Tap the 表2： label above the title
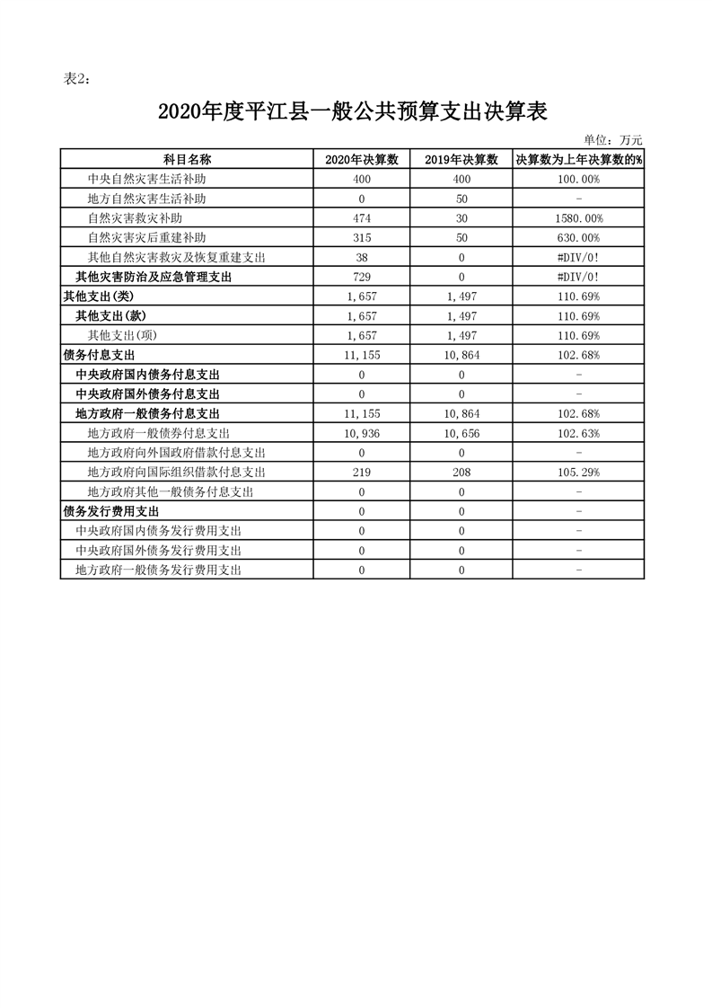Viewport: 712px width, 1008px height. pyautogui.click(x=77, y=79)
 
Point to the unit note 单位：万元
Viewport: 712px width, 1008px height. pyautogui.click(x=612, y=139)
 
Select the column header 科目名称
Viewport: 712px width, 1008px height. pyautogui.click(x=187, y=159)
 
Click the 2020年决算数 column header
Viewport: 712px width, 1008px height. pyautogui.click(x=362, y=159)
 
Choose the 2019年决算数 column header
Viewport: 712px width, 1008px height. pyautogui.click(x=461, y=159)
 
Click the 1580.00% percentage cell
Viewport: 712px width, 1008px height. pyautogui.click(x=579, y=218)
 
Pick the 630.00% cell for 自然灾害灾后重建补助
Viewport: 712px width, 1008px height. pyautogui.click(x=579, y=238)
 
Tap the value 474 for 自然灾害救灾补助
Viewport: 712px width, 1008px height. pyautogui.click(x=362, y=218)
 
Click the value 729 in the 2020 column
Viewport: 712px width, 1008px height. pyautogui.click(x=362, y=277)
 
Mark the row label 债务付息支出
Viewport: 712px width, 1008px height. pyautogui.click(x=99, y=355)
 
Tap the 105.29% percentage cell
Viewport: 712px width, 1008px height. pyautogui.click(x=579, y=473)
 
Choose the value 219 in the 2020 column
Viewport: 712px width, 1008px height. pyautogui.click(x=362, y=473)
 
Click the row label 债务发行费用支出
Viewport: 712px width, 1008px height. pyautogui.click(x=110, y=511)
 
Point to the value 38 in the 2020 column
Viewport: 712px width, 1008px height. pyautogui.click(x=362, y=258)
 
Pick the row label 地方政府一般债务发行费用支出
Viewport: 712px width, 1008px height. pyautogui.click(x=158, y=570)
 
